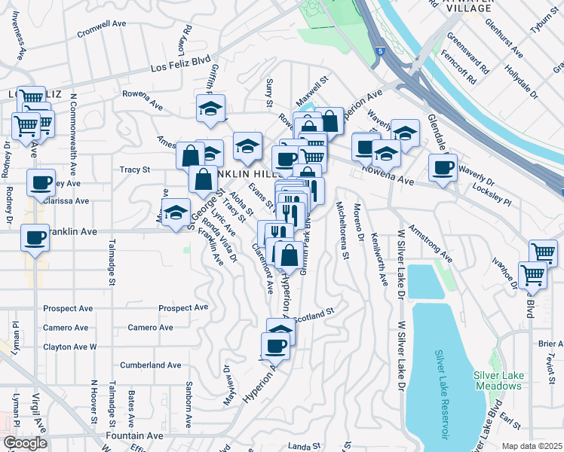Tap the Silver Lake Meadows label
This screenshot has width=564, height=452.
pos(498,380)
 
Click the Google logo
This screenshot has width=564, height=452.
pos(25,443)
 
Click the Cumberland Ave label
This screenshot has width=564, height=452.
pos(151,365)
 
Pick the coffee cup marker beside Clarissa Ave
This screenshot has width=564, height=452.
pos(41,182)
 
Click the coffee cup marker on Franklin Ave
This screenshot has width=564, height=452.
pos(34,237)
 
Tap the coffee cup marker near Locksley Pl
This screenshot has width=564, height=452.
pos(443,166)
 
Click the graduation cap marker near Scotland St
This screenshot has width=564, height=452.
pos(280,330)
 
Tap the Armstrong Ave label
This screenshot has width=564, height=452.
pos(430,243)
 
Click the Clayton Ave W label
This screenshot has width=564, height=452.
pos(70,347)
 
